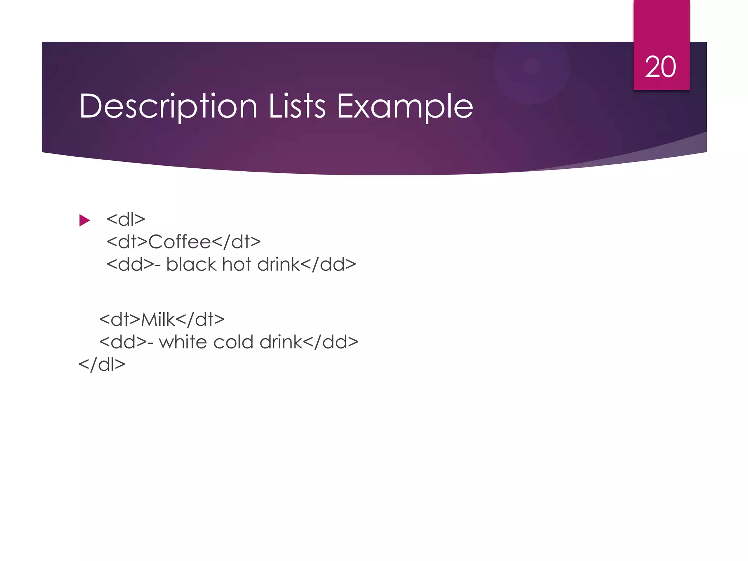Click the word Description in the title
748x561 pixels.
(x=168, y=106)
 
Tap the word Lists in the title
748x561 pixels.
(x=297, y=106)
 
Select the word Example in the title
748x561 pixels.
(x=405, y=106)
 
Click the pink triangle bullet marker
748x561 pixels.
(x=84, y=220)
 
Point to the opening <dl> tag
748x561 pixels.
(x=126, y=220)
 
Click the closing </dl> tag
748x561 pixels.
(x=102, y=365)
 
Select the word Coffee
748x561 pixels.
(x=180, y=242)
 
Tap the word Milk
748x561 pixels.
(x=158, y=320)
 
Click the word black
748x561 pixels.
(x=191, y=264)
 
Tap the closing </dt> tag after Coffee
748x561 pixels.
(x=236, y=242)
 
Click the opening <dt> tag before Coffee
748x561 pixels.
(x=127, y=242)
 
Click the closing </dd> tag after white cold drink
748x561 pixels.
(x=331, y=342)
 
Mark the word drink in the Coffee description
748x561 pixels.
(x=278, y=264)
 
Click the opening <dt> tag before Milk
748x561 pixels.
(x=120, y=320)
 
